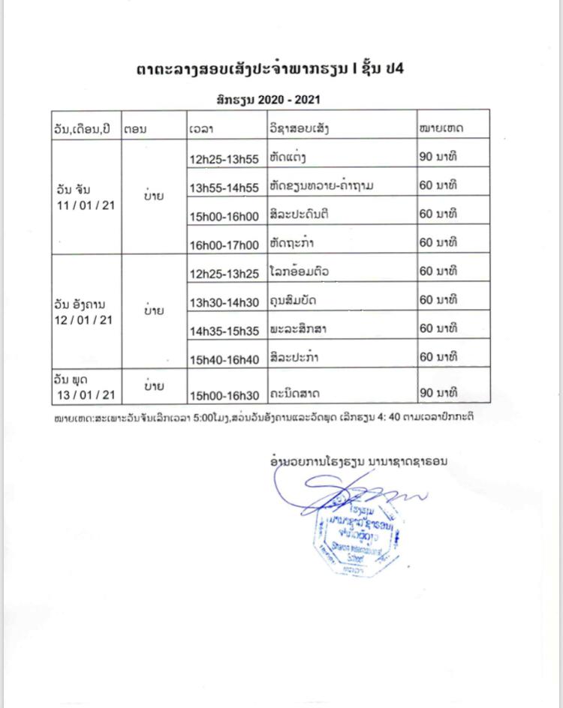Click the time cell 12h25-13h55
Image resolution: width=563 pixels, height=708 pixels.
[224, 160]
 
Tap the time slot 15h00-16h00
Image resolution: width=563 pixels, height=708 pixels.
[224, 217]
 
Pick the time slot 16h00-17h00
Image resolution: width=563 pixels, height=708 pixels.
[224, 244]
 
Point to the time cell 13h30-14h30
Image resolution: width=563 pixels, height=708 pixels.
[224, 302]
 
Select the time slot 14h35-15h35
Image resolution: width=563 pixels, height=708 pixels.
[224, 331]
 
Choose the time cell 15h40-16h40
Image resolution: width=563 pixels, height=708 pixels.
[224, 360]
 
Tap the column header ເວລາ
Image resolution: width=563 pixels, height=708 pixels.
[202, 129]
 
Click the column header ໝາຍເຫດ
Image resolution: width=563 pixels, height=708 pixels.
[442, 128]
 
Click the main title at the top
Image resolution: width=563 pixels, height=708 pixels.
[281, 69]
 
